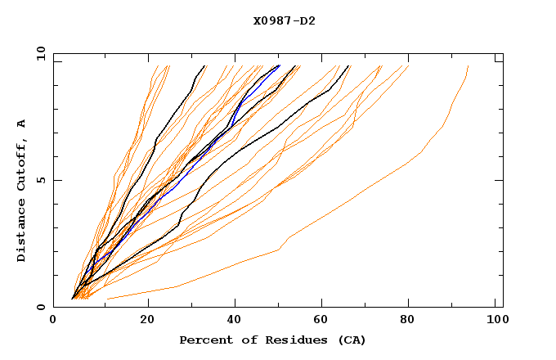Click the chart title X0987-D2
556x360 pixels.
pyautogui.click(x=284, y=20)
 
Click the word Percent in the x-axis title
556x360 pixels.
pyautogui.click(x=205, y=340)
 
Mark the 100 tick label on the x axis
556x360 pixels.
pyautogui.click(x=496, y=320)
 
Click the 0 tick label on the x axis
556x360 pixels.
pyautogui.click(x=54, y=320)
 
